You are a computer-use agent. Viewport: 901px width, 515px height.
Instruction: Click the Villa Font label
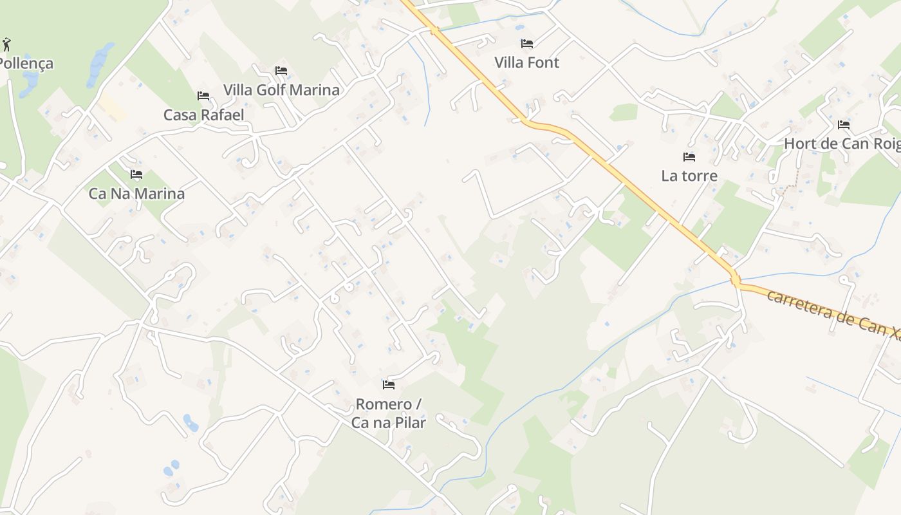(526, 62)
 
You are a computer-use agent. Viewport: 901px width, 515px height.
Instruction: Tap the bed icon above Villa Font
(527, 44)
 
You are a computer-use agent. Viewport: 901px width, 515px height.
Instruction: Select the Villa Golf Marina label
(281, 89)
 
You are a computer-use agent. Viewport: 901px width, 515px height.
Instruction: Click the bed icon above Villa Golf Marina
(281, 71)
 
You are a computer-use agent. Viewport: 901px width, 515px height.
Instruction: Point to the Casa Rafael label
(203, 115)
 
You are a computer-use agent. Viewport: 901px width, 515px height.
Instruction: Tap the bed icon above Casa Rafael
(203, 96)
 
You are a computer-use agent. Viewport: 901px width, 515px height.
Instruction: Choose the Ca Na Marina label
(136, 193)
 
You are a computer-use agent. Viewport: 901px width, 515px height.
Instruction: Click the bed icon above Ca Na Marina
(136, 174)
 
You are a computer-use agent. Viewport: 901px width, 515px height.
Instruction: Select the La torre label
(689, 176)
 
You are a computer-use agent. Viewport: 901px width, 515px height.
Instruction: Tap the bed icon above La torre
(689, 157)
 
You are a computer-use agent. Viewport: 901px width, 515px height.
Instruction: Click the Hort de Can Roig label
(842, 144)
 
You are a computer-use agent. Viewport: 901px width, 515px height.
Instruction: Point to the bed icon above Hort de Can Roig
(844, 125)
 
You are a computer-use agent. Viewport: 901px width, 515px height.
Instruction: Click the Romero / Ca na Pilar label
(389, 413)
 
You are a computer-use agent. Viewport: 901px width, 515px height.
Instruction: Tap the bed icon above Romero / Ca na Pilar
(388, 385)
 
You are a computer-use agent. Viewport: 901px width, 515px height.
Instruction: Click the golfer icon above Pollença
(6, 44)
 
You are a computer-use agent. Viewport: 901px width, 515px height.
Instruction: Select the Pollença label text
(26, 64)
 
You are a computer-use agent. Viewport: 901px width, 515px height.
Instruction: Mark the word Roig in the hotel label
(885, 144)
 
